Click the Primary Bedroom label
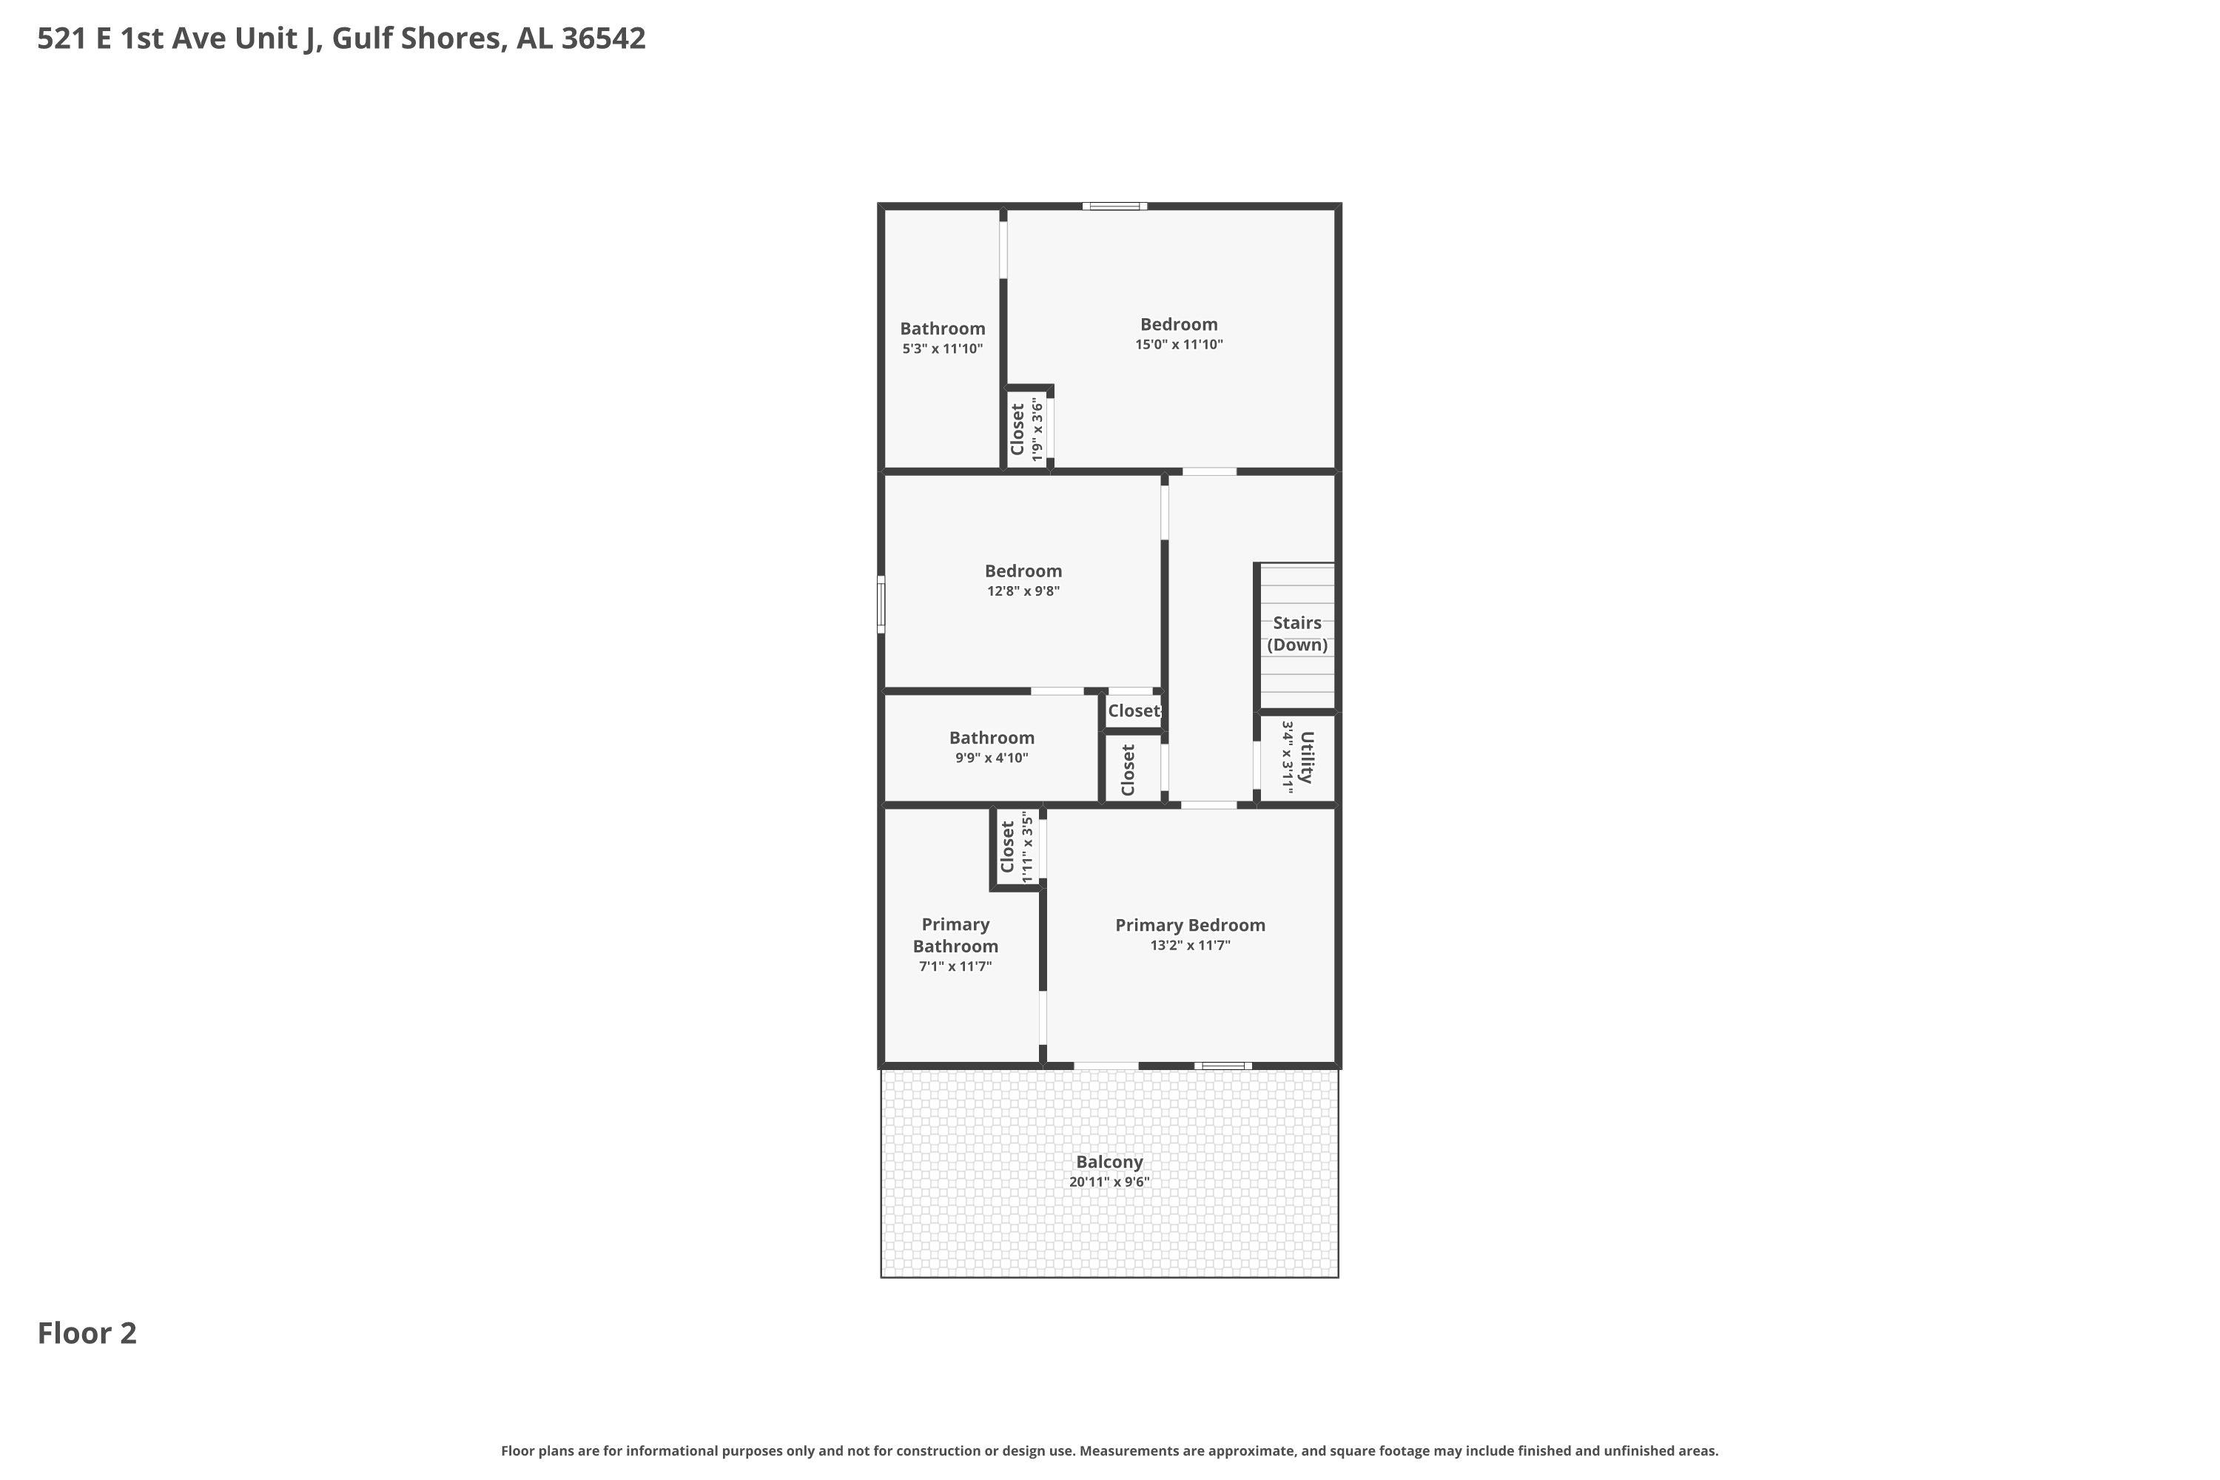click(1189, 925)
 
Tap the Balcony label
click(1109, 1162)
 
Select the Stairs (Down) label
click(1297, 633)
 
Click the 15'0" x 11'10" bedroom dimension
click(1179, 345)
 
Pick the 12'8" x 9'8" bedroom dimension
click(1023, 591)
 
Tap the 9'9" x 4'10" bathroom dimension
click(991, 758)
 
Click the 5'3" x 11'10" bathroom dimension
click(942, 349)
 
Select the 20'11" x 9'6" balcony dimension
click(1109, 1182)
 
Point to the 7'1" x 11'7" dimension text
click(955, 966)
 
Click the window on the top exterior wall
click(1114, 206)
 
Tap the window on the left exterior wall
click(881, 604)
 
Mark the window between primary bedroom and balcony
click(1223, 1066)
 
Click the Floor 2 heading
click(87, 1333)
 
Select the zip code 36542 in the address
click(603, 38)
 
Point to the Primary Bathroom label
click(955, 935)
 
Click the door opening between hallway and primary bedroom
click(1209, 805)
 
